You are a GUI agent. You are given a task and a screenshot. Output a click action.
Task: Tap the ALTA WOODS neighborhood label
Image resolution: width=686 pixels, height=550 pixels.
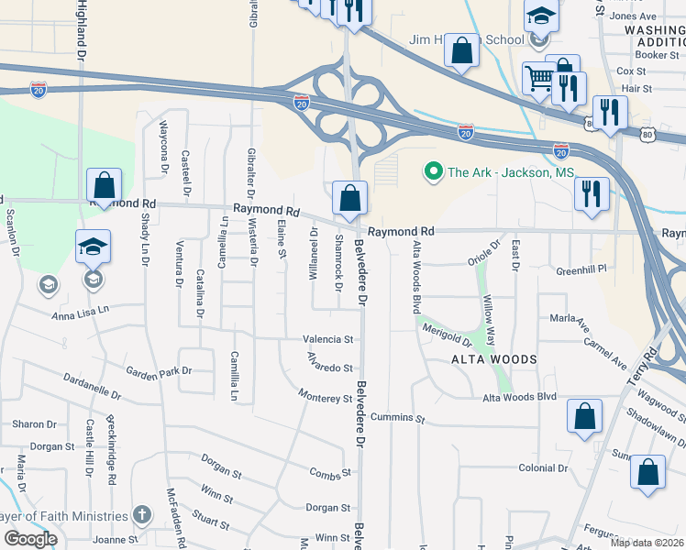(x=493, y=359)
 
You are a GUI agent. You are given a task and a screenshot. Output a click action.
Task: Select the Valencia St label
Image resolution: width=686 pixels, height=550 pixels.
(x=328, y=339)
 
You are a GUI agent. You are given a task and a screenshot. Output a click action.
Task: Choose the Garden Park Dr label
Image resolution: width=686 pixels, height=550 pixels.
(x=159, y=372)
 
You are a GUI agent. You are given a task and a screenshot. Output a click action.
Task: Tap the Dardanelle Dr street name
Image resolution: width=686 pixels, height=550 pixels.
(x=92, y=385)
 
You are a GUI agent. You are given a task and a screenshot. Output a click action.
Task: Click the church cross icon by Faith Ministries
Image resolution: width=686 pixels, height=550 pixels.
(x=140, y=513)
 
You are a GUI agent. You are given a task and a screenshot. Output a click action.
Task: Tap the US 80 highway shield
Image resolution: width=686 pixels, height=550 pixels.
(x=647, y=134)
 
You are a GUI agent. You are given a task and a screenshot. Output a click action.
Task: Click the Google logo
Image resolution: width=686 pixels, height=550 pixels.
(x=30, y=539)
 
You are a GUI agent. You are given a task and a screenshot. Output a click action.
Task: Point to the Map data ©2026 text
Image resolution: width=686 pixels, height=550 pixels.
(x=647, y=543)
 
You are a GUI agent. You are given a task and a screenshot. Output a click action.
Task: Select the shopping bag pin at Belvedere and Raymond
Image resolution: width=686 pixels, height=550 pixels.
(x=349, y=197)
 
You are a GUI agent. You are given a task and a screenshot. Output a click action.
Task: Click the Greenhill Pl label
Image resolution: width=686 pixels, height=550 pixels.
(x=582, y=270)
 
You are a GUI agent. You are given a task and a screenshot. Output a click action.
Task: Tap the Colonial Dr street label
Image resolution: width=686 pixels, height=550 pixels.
(x=544, y=468)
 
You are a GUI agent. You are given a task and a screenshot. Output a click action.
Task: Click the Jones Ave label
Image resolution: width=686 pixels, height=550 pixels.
(x=634, y=16)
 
